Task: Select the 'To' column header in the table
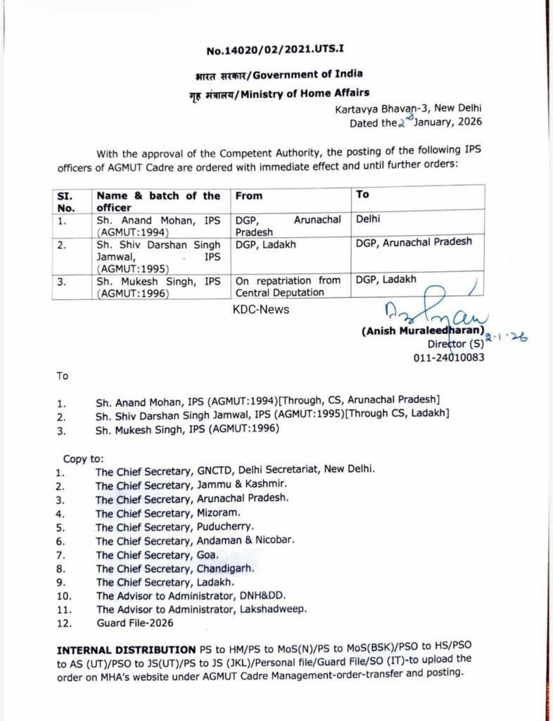tap(363, 194)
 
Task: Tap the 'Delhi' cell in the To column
tap(369, 220)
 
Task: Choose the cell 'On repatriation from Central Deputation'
tap(288, 286)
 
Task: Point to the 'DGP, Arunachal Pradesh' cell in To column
tap(414, 242)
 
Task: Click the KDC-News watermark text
tap(262, 309)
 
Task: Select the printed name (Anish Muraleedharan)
tap(423, 330)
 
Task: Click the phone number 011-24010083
tap(450, 358)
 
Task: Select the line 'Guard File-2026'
tap(134, 622)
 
